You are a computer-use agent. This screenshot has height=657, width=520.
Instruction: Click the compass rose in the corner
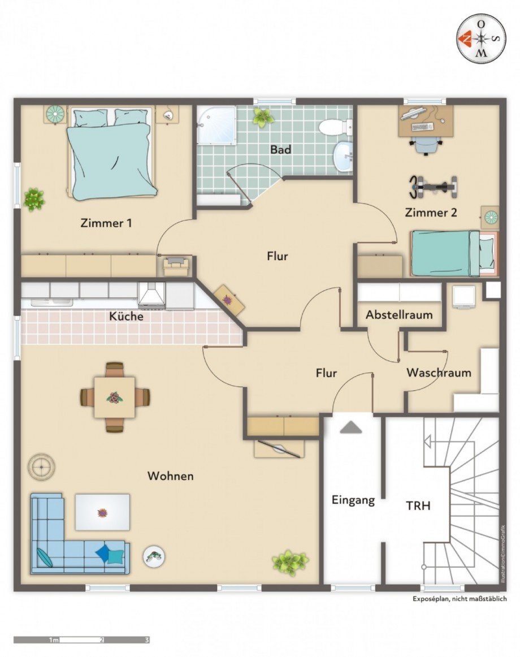[481, 38]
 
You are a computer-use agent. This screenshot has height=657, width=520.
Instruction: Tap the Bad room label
[280, 150]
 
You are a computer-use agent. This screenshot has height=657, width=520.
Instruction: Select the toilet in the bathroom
[335, 126]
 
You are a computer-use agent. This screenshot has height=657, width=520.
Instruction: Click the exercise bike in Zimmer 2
[434, 187]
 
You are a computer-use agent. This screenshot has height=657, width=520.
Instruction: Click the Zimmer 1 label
[106, 223]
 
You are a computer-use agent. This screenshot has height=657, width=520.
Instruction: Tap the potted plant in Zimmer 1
[34, 199]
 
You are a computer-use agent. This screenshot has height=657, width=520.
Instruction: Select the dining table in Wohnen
[114, 397]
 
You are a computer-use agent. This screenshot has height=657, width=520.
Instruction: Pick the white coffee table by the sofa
[102, 512]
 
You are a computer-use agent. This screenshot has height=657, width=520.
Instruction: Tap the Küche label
[126, 317]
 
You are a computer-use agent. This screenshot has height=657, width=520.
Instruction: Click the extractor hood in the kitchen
[151, 295]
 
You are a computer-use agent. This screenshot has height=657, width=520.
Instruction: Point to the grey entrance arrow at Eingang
[350, 428]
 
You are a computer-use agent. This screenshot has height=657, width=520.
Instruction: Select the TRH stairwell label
[418, 505]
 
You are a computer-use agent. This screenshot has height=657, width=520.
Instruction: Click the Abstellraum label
[399, 315]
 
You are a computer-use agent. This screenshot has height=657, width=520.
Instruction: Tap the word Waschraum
[439, 373]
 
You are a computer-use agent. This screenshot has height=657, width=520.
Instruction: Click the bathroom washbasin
[343, 156]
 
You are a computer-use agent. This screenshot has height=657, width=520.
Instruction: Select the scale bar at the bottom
[82, 640]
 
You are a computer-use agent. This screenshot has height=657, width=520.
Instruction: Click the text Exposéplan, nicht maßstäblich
[460, 599]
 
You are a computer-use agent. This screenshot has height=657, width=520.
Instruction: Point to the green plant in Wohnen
[290, 561]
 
